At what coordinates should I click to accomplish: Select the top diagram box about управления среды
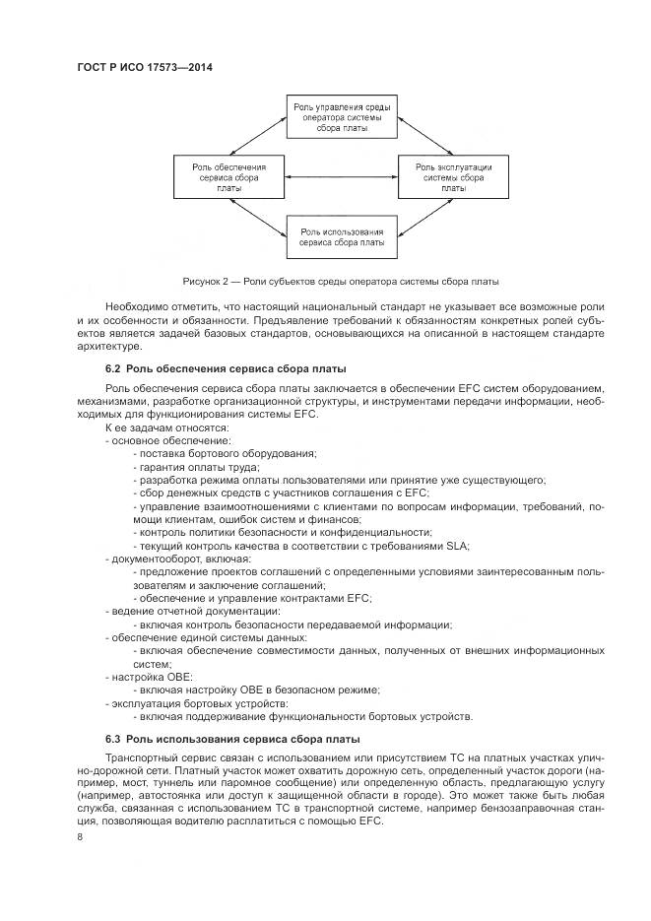pyautogui.click(x=341, y=116)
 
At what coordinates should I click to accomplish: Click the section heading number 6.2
pyautogui.click(x=113, y=368)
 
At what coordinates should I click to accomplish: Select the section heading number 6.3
pyautogui.click(x=113, y=739)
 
